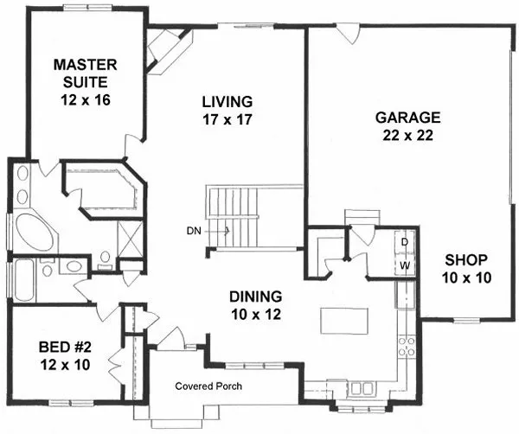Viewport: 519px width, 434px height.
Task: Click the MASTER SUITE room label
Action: [84, 80]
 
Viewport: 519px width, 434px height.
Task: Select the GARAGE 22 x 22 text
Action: [407, 125]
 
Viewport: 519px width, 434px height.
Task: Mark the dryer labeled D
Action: [404, 242]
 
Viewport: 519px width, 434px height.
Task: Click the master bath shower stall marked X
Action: [130, 236]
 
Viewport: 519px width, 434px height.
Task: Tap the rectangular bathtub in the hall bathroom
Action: [22, 281]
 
